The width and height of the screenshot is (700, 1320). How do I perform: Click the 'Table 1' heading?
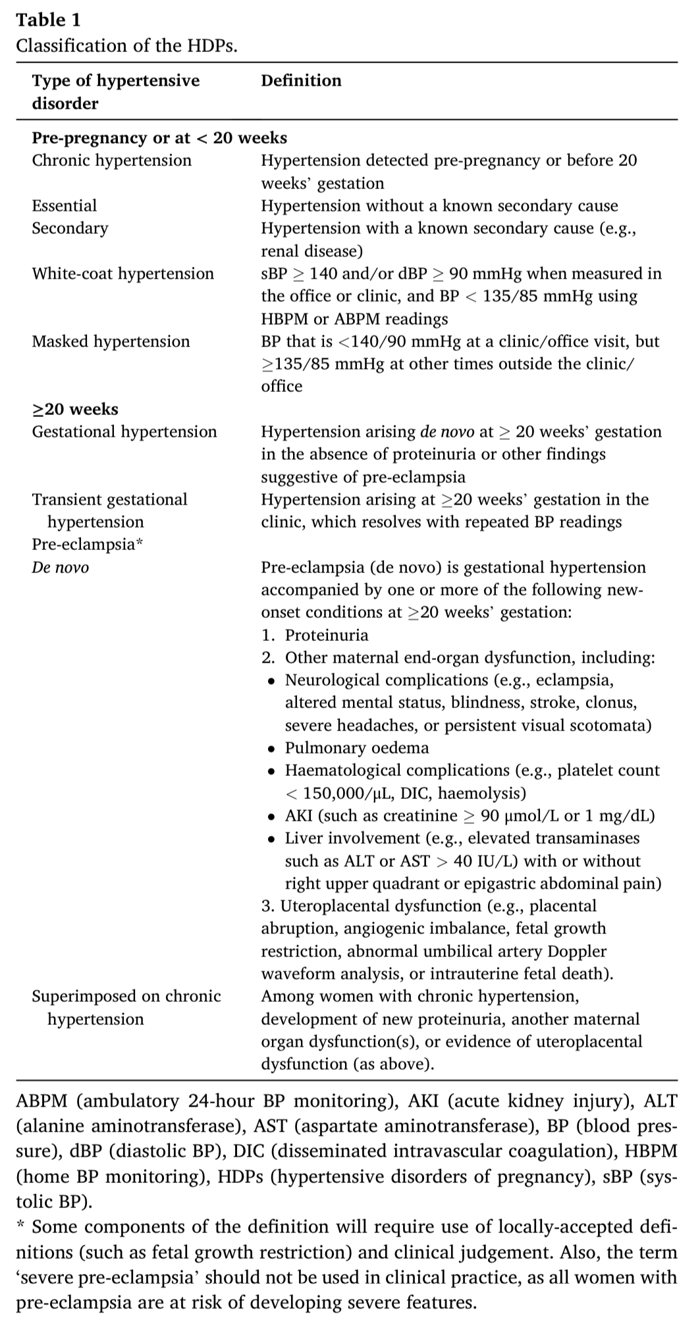[x=48, y=20]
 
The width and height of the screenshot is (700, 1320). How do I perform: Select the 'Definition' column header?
[x=301, y=81]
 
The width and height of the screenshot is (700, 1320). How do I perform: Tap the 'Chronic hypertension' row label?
[x=111, y=161]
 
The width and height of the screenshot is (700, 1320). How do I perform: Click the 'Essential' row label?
[x=64, y=206]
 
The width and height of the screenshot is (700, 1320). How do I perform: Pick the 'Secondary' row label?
[x=70, y=229]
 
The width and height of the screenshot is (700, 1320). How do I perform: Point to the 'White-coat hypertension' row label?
[x=122, y=273]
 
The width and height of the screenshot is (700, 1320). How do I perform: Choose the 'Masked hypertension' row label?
[x=111, y=341]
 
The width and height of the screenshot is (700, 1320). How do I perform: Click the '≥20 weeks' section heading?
[x=75, y=409]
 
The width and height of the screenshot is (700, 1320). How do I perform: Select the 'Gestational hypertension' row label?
[x=124, y=432]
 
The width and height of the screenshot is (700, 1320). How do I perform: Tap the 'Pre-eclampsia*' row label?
[x=87, y=545]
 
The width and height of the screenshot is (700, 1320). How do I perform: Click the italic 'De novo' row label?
[x=60, y=568]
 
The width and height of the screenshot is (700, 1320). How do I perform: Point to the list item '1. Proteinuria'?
[x=315, y=636]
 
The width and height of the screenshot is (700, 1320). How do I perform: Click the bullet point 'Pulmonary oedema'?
[x=356, y=748]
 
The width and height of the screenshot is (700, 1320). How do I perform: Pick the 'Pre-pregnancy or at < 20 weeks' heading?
[x=159, y=138]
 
